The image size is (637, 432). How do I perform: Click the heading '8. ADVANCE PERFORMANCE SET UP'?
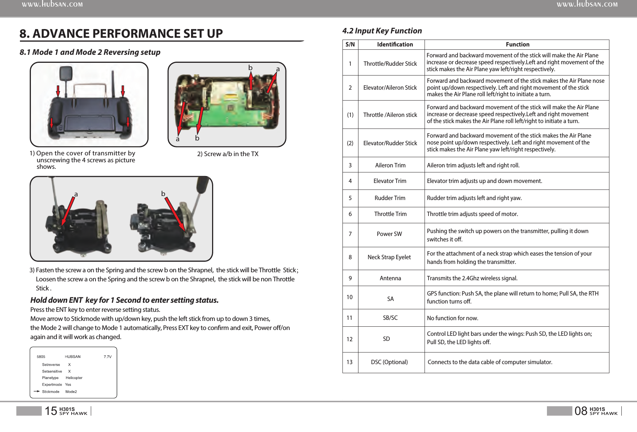coord(121,34)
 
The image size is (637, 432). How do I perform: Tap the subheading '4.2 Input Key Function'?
coord(382,31)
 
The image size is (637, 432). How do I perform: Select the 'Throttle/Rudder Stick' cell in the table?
coord(390,64)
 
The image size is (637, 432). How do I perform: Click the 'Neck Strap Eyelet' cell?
coord(389,257)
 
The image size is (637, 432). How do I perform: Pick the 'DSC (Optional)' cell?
coord(389,362)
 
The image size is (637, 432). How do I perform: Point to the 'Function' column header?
coord(517,45)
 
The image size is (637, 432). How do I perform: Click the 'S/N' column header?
coord(350,45)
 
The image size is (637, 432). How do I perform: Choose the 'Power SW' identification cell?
coord(389,234)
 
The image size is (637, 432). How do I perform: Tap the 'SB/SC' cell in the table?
coord(390,318)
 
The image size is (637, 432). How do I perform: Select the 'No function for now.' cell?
coord(453,318)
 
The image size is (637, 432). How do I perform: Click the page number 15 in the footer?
coord(51,411)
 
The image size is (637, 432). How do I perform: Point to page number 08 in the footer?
coord(581,411)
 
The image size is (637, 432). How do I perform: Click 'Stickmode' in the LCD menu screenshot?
coord(50,392)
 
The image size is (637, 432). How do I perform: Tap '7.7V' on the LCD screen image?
coord(107,357)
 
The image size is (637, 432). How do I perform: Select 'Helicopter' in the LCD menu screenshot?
coord(74,378)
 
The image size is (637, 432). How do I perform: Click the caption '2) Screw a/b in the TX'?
coord(228,154)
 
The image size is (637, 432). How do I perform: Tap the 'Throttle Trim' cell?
coord(390,214)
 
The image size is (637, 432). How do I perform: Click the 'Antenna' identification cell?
coord(390,278)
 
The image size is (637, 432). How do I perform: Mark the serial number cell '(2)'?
coord(350,143)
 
